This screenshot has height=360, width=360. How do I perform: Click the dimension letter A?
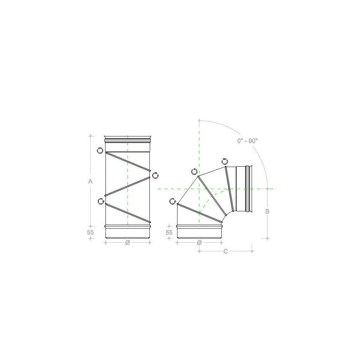(91, 182)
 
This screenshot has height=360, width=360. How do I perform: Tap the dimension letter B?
(267, 211)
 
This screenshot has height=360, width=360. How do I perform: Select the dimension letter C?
(225, 251)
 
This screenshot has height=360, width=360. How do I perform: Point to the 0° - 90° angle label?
(247, 141)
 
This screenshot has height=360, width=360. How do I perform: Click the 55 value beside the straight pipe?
(90, 232)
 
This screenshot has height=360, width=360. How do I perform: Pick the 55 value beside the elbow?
(169, 232)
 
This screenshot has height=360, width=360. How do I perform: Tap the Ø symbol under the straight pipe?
(127, 243)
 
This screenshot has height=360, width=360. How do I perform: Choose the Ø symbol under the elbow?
(199, 243)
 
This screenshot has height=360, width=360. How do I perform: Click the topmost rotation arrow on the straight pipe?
(100, 150)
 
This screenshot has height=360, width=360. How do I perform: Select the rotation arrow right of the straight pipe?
(156, 175)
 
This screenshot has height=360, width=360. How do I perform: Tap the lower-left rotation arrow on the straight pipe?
(100, 201)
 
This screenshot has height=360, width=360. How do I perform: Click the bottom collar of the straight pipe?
(127, 232)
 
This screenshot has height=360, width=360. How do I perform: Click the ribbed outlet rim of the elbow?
(248, 189)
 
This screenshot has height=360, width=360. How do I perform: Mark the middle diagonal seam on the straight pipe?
(127, 186)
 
